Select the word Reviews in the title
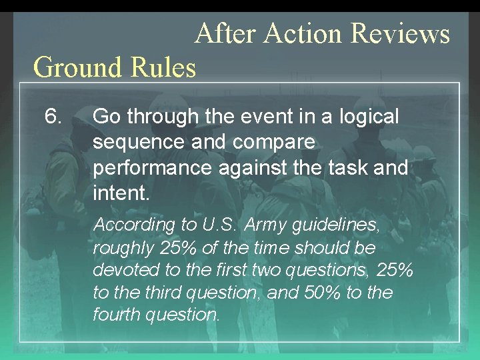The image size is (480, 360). pyautogui.click(x=400, y=33)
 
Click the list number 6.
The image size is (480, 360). pyautogui.click(x=53, y=117)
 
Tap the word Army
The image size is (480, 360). pyautogui.click(x=263, y=225)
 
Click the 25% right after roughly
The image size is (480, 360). pyautogui.click(x=178, y=248)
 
